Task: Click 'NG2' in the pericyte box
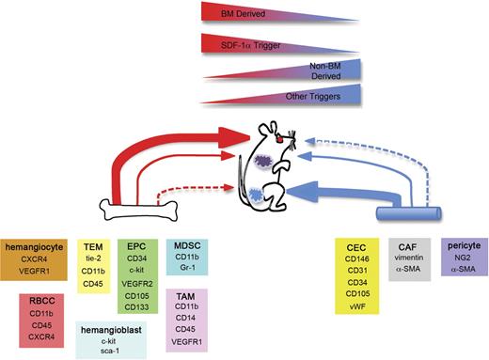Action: coord(462,255)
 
